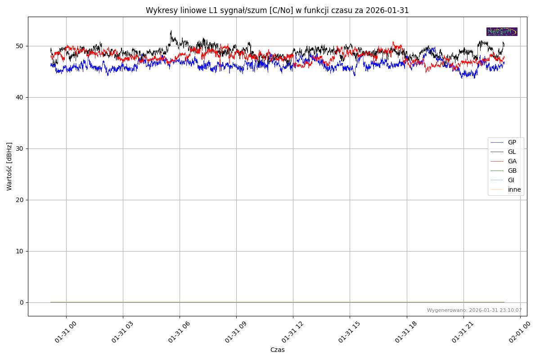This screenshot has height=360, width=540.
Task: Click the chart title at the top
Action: pos(277,10)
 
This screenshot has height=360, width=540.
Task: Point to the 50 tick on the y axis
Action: pos(20,46)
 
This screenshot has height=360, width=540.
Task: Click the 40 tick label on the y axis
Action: pos(20,98)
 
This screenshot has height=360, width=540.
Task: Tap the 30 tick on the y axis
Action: pos(20,149)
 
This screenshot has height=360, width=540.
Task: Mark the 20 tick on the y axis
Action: pos(20,200)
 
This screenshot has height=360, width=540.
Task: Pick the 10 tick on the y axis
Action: pos(20,252)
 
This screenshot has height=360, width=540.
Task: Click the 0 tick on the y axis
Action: pos(22,303)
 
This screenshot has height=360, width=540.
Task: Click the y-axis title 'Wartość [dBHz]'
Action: pos(9,166)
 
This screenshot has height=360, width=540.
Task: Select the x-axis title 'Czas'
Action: pos(277,350)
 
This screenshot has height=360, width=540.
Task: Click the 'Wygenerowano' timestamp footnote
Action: pos(474,310)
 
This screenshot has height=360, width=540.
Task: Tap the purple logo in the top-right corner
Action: pos(502,32)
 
